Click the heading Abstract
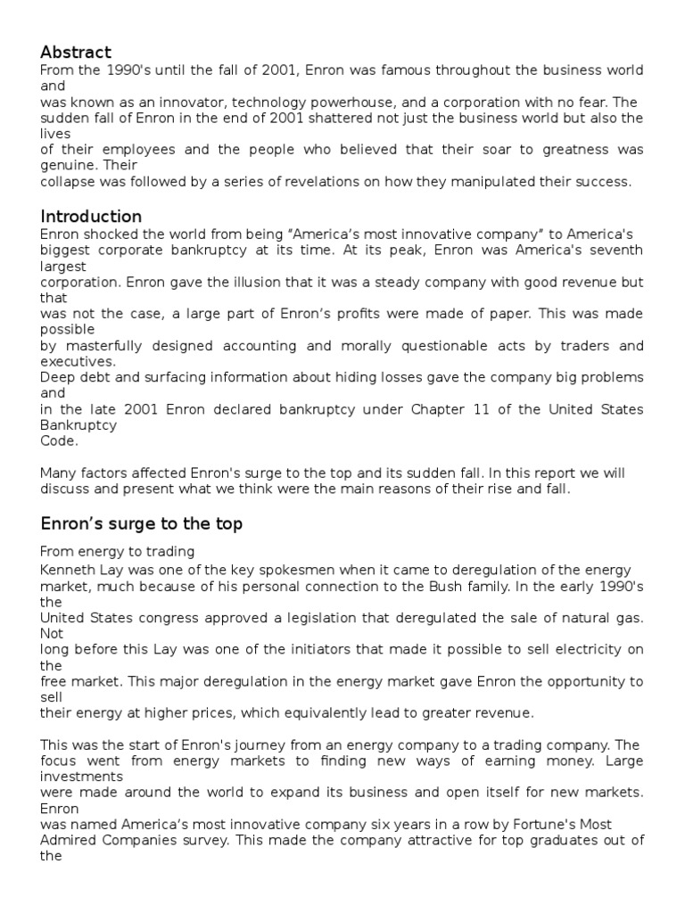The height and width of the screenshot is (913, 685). pyautogui.click(x=76, y=53)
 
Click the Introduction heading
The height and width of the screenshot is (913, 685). pyautogui.click(x=91, y=217)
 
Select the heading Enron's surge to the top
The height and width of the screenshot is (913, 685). pyautogui.click(x=141, y=524)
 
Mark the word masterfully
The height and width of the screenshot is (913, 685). pyautogui.click(x=96, y=346)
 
